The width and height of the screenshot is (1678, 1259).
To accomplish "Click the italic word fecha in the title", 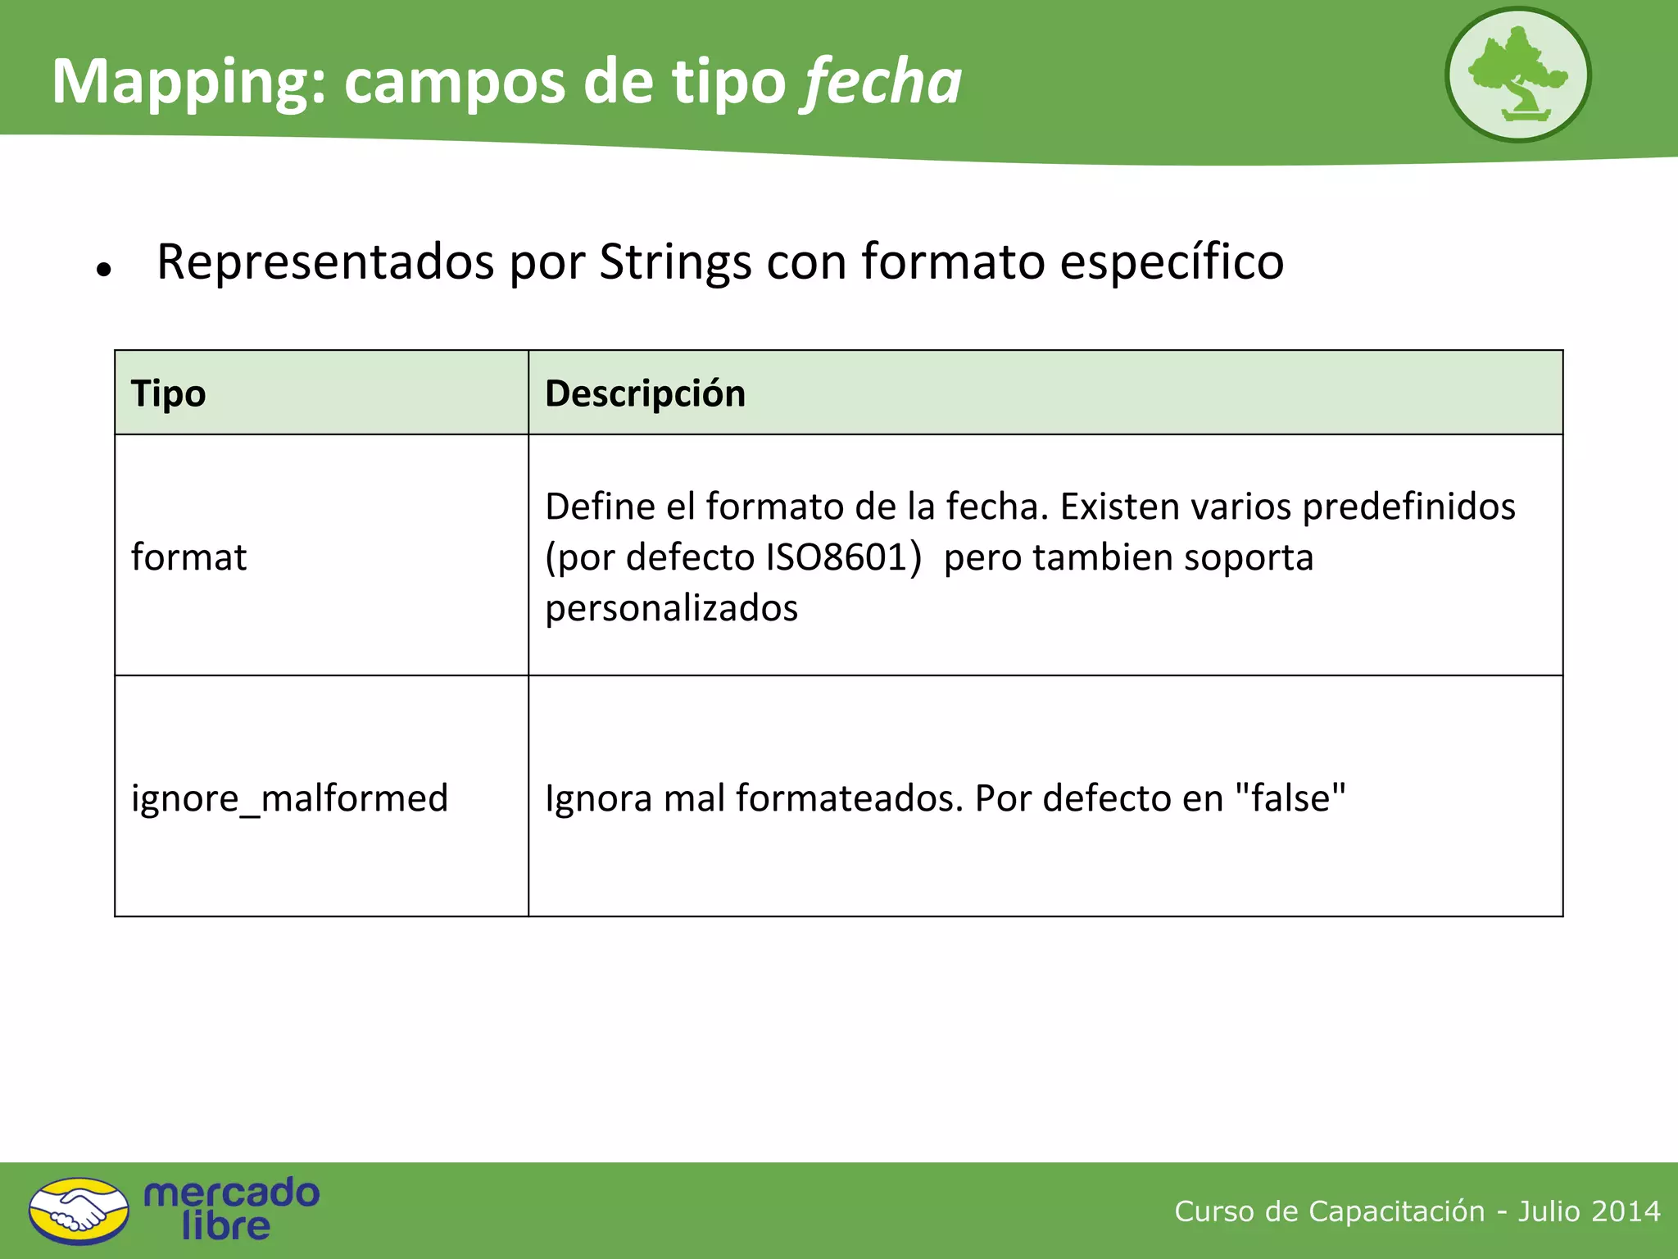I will coord(882,82).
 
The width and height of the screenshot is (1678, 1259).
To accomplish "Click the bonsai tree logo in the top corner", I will coord(1517,75).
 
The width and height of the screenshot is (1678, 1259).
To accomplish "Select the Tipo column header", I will coord(169,393).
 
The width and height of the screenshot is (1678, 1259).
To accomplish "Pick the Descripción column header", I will coord(645,393).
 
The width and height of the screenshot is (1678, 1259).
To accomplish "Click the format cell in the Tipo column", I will coord(188,557).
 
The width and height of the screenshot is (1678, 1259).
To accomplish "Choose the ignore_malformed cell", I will coord(289,798).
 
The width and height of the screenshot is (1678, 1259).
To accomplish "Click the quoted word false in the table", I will coord(1290,798).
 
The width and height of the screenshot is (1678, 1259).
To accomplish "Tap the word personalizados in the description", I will coord(671,608).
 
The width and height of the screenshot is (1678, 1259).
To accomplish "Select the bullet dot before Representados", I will coord(103,269).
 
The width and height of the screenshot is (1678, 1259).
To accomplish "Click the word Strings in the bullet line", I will coord(675,262).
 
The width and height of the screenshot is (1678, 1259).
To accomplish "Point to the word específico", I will coord(1172,262).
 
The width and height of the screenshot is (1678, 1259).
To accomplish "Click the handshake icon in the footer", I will coord(79,1211).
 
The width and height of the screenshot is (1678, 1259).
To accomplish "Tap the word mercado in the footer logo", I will coord(232,1193).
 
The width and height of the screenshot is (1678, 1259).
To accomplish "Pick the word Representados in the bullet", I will coord(325,262).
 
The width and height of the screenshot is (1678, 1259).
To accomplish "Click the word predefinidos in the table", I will coord(1408,507).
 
